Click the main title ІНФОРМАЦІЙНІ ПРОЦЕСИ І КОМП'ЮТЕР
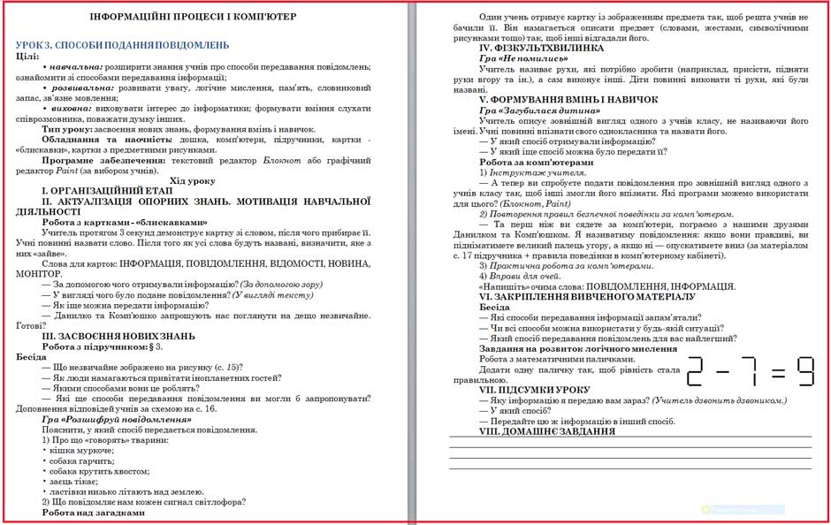tap(205, 16)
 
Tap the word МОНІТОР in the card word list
tap(38, 274)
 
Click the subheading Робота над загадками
tap(93, 512)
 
